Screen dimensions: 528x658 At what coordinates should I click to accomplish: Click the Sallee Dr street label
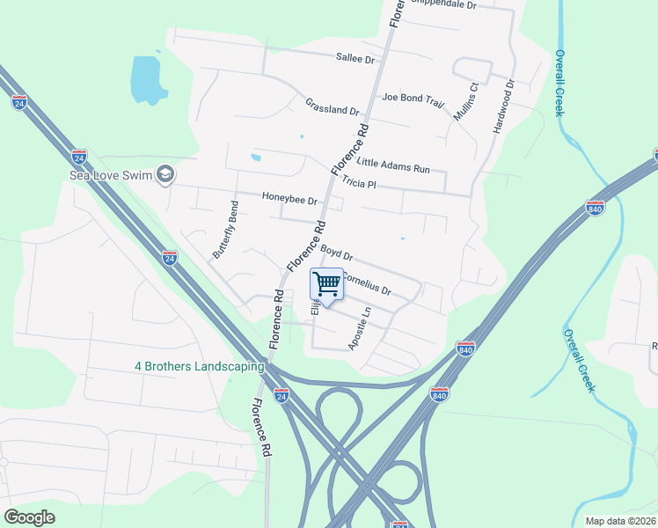pyautogui.click(x=355, y=58)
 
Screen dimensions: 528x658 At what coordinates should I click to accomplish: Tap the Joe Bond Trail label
pyautogui.click(x=413, y=99)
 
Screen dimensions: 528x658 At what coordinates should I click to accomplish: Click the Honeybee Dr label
pyautogui.click(x=289, y=199)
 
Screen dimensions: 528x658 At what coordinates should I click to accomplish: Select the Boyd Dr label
pyautogui.click(x=336, y=253)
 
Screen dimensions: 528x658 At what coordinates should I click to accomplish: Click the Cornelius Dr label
pyautogui.click(x=366, y=283)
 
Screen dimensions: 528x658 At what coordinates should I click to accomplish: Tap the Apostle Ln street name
pyautogui.click(x=360, y=328)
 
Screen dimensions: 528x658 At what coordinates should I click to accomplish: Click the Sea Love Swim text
pyautogui.click(x=111, y=175)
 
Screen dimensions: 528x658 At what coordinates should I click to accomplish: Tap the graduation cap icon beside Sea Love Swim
pyautogui.click(x=165, y=174)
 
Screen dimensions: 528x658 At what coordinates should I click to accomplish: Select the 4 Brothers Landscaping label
pyautogui.click(x=199, y=366)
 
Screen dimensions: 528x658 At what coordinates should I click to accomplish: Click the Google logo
pyautogui.click(x=30, y=517)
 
